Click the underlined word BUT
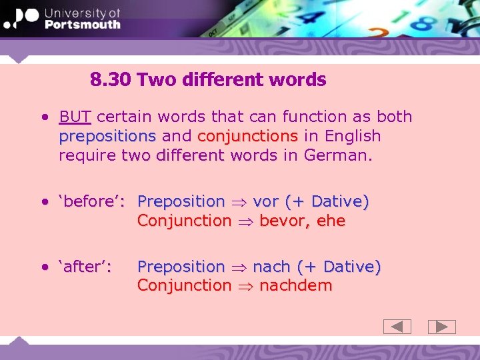click(x=75, y=117)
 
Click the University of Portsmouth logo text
click(x=81, y=19)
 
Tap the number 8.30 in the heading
click(x=111, y=80)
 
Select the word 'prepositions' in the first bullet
click(x=107, y=136)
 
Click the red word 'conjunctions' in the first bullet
click(x=247, y=136)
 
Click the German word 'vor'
click(x=266, y=201)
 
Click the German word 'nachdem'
click(x=295, y=285)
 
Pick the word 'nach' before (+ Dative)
click(x=271, y=267)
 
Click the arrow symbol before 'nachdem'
click(x=245, y=286)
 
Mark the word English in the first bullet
click(x=352, y=136)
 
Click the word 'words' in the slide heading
click(x=297, y=80)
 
